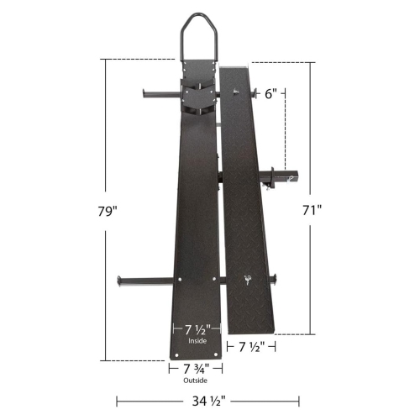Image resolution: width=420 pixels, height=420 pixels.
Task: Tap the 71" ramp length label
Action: point(313,211)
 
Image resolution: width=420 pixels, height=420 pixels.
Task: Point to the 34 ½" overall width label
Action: point(200,402)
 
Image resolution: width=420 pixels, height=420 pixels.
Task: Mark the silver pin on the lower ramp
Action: point(248,281)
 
